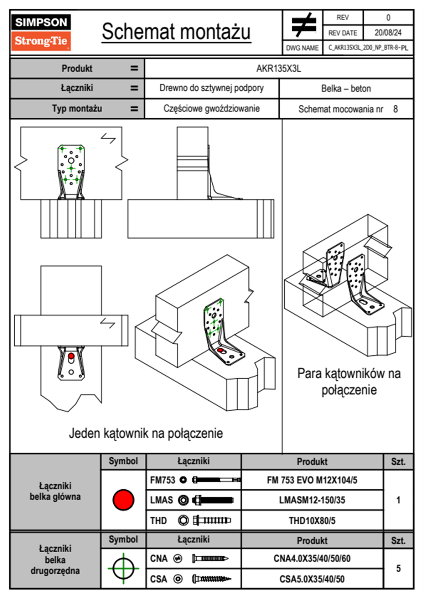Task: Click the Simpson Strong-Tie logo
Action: click(x=41, y=32)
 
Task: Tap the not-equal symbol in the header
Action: click(x=303, y=25)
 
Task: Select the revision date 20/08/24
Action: click(x=388, y=33)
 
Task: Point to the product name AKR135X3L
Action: click(x=279, y=68)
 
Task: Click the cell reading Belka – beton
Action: click(x=346, y=88)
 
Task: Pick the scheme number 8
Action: click(x=395, y=109)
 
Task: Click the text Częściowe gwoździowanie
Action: click(x=212, y=109)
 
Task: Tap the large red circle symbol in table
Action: click(x=123, y=500)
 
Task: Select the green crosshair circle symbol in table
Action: click(x=123, y=568)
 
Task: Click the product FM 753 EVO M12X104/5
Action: click(x=312, y=480)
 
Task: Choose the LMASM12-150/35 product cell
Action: click(x=312, y=500)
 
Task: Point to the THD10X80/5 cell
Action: click(x=312, y=520)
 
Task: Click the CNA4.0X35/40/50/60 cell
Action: click(x=312, y=558)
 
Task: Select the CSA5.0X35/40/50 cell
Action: click(x=312, y=579)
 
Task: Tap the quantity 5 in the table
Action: click(x=398, y=568)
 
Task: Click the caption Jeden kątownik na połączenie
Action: click(x=146, y=433)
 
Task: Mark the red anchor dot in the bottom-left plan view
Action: click(x=71, y=356)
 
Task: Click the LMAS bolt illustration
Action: click(x=213, y=500)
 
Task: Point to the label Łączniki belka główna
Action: click(x=55, y=491)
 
